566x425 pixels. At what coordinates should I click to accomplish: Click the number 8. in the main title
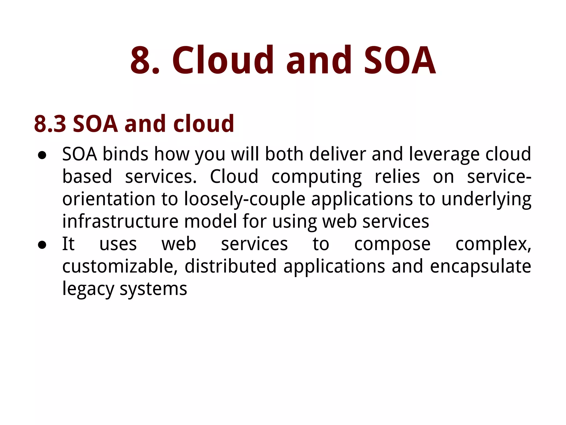[x=145, y=60]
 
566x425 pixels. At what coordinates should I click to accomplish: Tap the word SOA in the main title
[x=400, y=60]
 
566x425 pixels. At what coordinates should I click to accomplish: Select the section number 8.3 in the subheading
[x=50, y=124]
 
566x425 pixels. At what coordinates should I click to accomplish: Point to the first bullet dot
[x=42, y=156]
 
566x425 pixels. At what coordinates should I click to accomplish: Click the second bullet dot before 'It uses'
[x=42, y=245]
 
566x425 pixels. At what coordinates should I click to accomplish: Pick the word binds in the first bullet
[x=125, y=154]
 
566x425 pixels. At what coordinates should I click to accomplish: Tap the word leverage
[x=444, y=154]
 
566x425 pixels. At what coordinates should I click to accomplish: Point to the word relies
[x=397, y=177]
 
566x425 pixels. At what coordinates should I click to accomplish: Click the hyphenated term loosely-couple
[x=245, y=199]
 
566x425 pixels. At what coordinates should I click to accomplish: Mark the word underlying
[x=486, y=199]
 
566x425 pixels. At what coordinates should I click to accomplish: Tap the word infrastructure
[x=120, y=221]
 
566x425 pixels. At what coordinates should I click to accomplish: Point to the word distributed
[x=230, y=266]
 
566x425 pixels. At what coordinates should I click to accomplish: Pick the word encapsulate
[x=480, y=267]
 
